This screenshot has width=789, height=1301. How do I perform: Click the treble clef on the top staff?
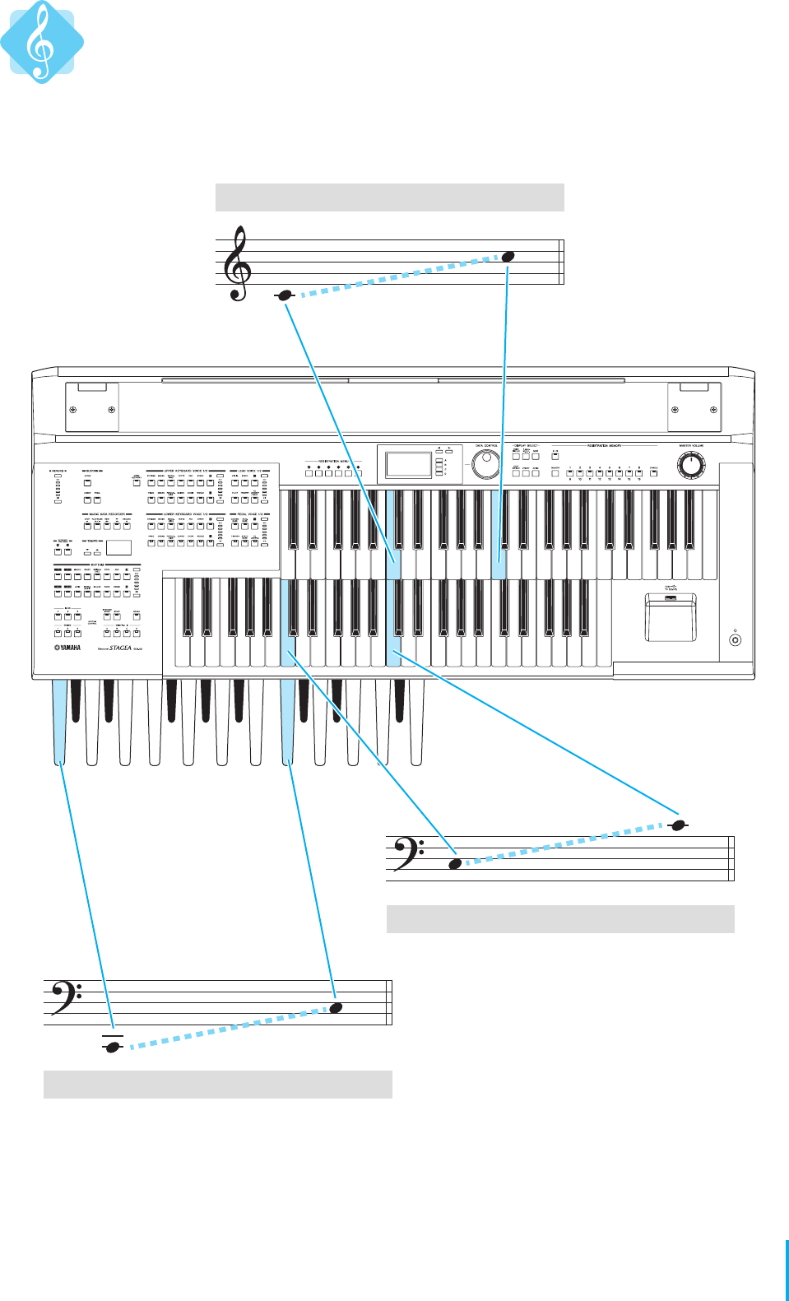[239, 263]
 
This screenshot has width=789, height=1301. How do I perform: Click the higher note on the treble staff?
[508, 257]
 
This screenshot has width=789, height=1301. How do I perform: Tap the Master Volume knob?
[691, 466]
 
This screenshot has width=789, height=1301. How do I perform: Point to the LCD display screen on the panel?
[408, 464]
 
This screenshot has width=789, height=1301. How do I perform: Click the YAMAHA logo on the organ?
[67, 648]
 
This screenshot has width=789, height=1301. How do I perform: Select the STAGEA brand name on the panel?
[121, 648]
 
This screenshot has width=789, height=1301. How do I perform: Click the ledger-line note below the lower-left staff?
[113, 1047]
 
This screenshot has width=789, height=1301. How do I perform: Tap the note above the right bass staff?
[678, 825]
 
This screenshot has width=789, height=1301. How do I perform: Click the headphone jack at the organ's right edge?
[736, 639]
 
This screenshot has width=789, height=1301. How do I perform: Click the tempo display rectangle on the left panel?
[118, 548]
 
